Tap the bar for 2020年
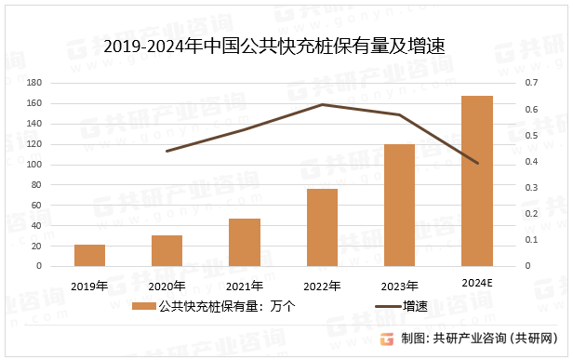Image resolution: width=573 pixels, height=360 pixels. [167, 251]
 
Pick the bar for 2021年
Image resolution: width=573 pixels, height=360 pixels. [245, 243]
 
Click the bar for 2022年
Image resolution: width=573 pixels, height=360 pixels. [322, 228]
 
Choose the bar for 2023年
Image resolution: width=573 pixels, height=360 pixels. [399, 206]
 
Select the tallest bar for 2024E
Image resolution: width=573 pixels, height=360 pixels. [477, 181]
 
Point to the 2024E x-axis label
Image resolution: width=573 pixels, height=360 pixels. [477, 281]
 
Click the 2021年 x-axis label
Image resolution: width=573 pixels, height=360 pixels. [245, 285]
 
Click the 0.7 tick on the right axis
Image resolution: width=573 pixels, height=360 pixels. [531, 84]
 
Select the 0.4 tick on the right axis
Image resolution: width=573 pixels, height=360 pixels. [531, 162]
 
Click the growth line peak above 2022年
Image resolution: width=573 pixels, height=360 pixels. [322, 104]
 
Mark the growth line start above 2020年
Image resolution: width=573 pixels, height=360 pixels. [167, 151]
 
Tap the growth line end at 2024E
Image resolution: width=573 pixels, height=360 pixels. [477, 164]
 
